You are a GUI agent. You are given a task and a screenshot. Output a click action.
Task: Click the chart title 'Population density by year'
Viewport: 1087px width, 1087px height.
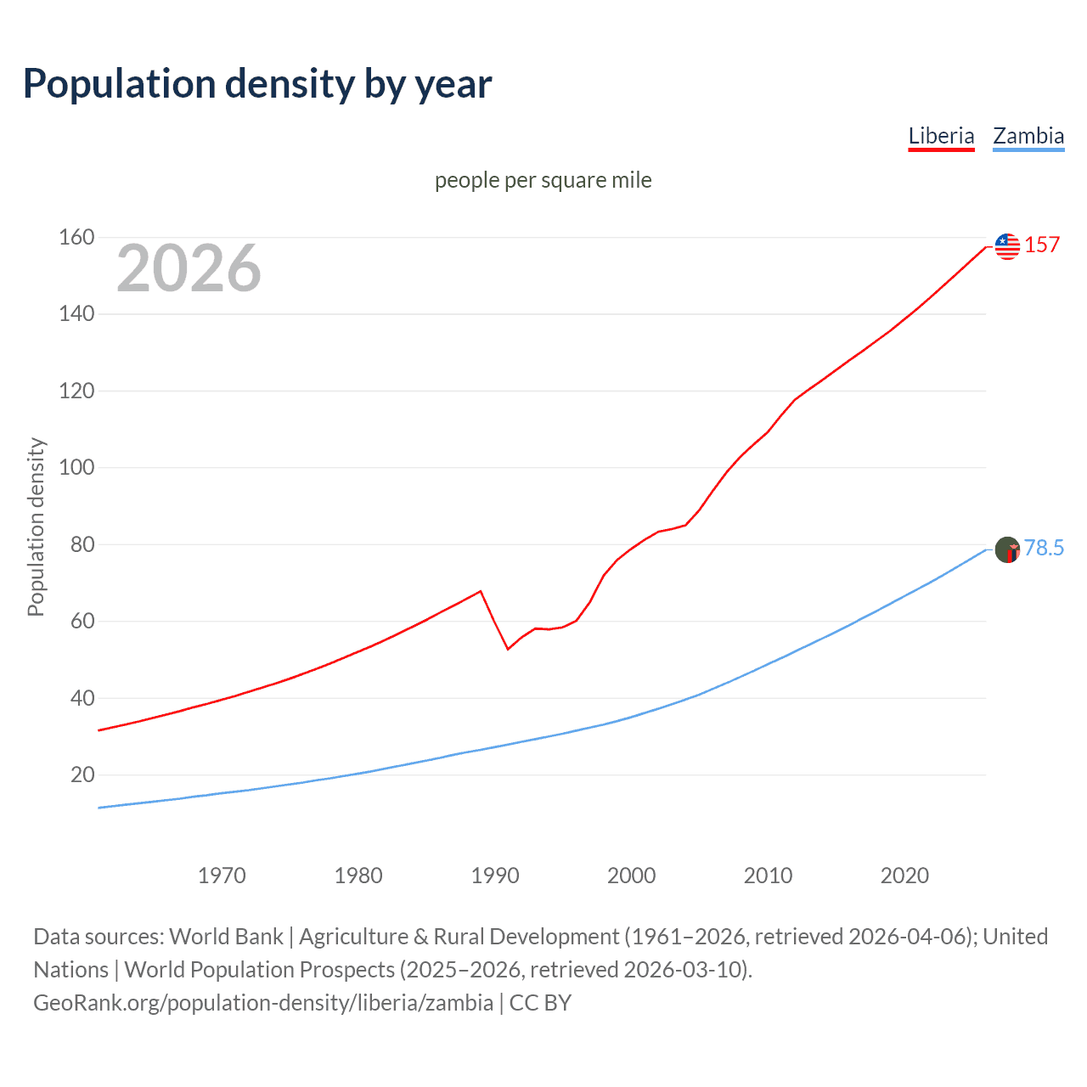point(257,84)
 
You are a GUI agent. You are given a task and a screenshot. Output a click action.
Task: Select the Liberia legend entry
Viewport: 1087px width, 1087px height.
point(941,136)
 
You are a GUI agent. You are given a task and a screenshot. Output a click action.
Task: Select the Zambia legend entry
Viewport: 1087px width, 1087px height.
point(1028,136)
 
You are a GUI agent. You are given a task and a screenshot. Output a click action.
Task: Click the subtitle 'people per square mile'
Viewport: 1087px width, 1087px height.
point(543,180)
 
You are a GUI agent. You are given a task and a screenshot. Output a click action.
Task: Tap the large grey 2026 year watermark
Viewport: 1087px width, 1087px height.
point(189,268)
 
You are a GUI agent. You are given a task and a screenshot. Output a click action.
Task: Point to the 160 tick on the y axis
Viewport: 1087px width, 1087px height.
point(76,237)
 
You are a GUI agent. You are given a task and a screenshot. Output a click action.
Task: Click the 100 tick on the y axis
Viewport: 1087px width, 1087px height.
point(76,468)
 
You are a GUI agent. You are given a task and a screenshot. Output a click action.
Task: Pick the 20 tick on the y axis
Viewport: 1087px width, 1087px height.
point(82,774)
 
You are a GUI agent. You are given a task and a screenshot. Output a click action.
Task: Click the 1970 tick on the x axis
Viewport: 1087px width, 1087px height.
point(222,876)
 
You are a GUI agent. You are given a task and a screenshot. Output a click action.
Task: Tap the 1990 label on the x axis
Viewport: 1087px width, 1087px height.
point(495,876)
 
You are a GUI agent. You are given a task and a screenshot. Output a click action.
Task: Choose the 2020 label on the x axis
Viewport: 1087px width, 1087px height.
point(904,876)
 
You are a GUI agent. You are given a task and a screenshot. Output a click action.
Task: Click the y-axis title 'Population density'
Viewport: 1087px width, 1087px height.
point(36,527)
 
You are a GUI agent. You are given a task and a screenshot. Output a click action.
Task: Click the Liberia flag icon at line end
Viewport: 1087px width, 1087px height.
point(1007,246)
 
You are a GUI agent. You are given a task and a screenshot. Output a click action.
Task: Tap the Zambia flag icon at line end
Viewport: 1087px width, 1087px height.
point(1007,549)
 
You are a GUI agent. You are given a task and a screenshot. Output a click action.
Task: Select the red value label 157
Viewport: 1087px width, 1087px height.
point(1042,245)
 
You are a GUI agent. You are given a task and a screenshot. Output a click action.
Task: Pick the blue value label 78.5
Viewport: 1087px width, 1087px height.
point(1044,549)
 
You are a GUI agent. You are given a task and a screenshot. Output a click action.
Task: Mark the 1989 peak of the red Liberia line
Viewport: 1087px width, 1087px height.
point(481,591)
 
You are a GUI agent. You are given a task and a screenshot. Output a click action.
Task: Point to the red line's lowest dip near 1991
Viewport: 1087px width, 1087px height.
point(508,649)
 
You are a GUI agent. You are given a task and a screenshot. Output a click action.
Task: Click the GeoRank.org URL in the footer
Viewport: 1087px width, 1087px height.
point(263,1003)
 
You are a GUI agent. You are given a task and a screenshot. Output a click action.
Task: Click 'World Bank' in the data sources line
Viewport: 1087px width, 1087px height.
point(226,937)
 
